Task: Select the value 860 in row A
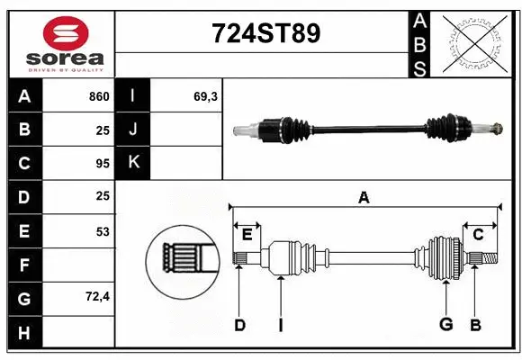tap(98, 96)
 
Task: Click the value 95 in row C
tap(102, 164)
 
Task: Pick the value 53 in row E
tap(102, 231)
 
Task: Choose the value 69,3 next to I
tap(205, 96)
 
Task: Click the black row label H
tap(24, 332)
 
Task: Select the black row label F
tap(24, 265)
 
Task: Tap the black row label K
tap(134, 163)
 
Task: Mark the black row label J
tap(134, 130)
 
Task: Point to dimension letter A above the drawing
tap(364, 197)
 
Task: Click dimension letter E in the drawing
tap(246, 234)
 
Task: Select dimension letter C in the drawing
tap(479, 234)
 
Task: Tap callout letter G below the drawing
tap(445, 325)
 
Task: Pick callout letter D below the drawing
tap(239, 325)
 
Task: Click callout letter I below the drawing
tap(280, 325)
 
